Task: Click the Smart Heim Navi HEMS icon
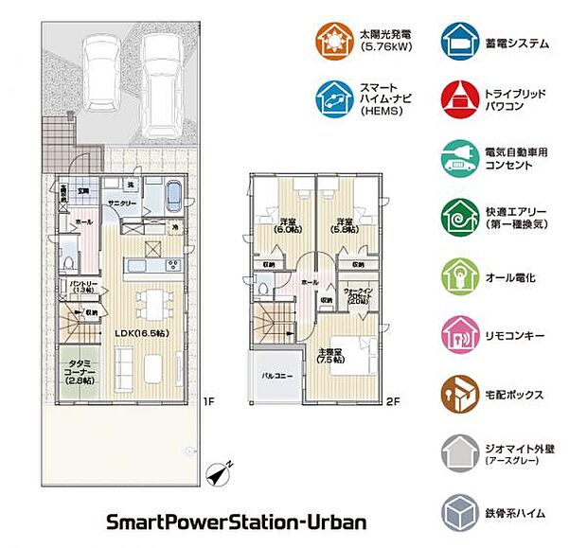tap(333, 98)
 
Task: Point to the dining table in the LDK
tap(149, 303)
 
